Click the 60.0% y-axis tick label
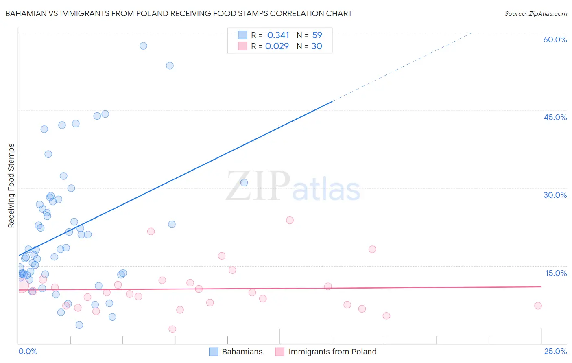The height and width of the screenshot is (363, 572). coord(555,39)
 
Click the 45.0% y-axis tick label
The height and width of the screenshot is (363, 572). coord(555,117)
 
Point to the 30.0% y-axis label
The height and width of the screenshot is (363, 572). coord(555,195)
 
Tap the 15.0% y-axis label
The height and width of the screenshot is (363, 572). coord(556,273)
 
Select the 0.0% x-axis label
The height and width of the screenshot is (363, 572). coord(28,351)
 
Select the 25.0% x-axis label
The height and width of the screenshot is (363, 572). coord(555,351)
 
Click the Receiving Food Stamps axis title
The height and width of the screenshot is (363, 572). coord(11,186)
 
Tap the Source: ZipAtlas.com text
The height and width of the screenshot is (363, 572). coord(535,13)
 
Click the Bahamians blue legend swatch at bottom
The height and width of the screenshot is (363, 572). coord(214,352)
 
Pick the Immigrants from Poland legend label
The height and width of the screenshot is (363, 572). coord(332,352)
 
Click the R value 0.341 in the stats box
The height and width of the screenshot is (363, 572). coord(278,35)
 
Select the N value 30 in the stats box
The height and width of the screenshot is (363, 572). coord(317,46)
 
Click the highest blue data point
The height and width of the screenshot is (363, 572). coord(143,46)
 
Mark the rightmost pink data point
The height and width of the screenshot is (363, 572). coord(538,306)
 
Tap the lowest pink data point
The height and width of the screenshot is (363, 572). coord(172,329)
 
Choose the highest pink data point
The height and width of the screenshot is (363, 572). coord(290,220)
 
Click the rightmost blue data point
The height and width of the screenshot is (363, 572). coord(244,183)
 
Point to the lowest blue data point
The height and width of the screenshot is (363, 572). coord(79,325)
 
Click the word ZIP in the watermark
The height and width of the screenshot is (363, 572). coord(258,186)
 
